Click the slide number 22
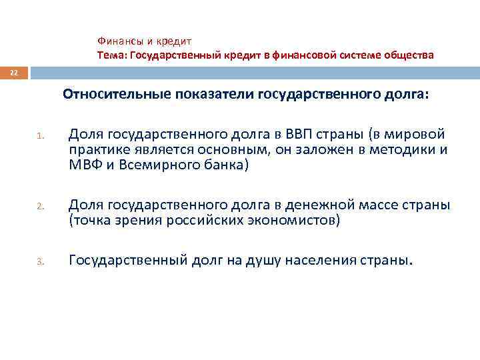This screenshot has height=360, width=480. [14, 71]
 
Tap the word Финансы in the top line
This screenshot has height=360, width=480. [117, 41]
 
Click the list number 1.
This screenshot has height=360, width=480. [39, 138]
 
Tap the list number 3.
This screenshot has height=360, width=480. [39, 261]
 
